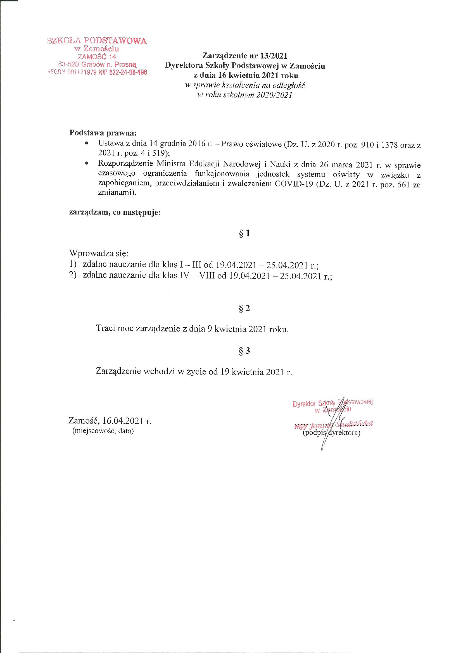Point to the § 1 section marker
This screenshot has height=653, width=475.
(244, 233)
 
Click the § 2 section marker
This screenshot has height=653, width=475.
(244, 309)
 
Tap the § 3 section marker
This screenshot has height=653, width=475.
(244, 351)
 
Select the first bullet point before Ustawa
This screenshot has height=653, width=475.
(86, 143)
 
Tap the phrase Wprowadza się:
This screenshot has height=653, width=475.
(99, 254)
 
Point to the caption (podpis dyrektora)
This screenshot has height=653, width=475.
(331, 433)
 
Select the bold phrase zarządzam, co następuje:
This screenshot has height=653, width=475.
(115, 213)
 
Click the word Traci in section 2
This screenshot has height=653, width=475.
(106, 329)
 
